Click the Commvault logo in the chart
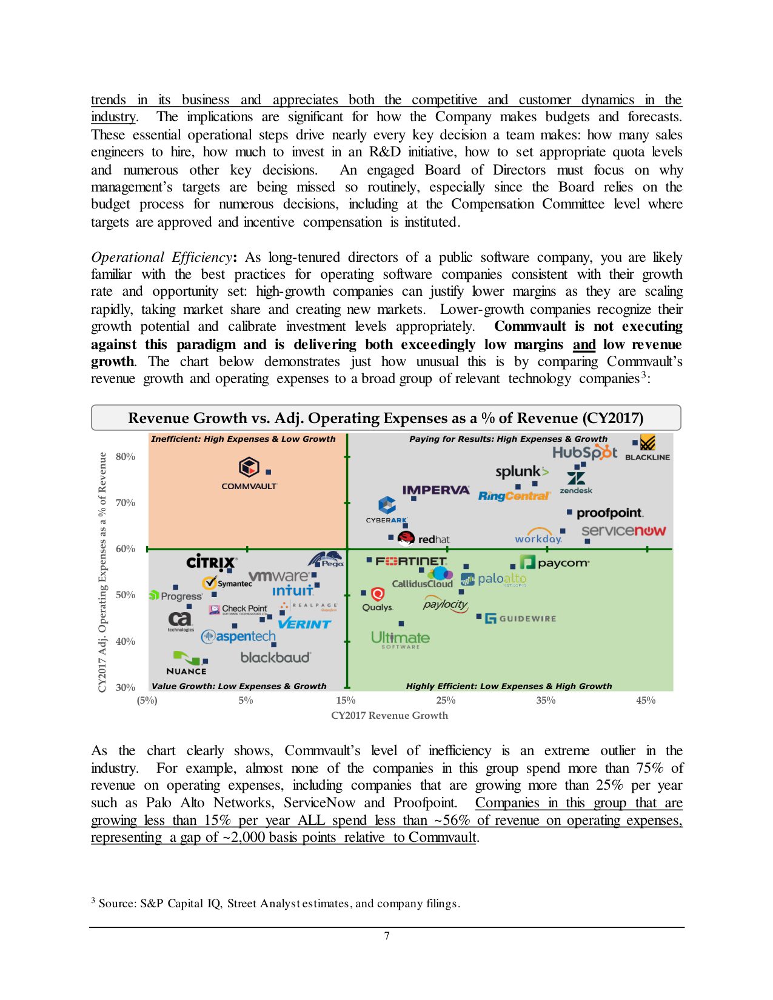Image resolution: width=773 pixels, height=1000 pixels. click(x=249, y=473)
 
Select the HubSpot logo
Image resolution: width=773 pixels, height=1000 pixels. click(x=584, y=453)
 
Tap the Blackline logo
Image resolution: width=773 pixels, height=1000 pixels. click(x=648, y=448)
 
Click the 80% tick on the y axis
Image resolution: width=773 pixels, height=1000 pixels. click(x=125, y=456)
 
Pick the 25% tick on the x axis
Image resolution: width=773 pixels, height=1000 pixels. click(x=446, y=700)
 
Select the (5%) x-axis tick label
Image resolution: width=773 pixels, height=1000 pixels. click(x=147, y=700)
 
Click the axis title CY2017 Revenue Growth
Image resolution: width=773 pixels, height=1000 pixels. click(x=389, y=715)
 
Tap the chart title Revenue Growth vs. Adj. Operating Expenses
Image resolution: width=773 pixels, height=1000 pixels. click(x=386, y=418)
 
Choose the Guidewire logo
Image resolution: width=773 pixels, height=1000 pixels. click(x=520, y=619)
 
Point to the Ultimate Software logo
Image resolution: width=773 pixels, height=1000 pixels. click(x=400, y=639)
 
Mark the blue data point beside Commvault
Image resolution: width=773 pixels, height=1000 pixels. click(x=269, y=472)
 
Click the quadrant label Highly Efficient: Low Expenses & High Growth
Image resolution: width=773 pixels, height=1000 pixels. click(x=509, y=686)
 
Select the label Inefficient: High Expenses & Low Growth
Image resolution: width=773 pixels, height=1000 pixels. click(x=243, y=439)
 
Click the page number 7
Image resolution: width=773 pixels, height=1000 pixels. click(x=387, y=936)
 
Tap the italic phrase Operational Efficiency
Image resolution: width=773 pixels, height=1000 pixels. click(x=161, y=257)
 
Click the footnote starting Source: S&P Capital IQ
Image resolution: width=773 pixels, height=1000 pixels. click(x=279, y=903)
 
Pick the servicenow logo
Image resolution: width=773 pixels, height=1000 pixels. click(x=623, y=531)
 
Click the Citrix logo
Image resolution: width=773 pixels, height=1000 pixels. click(x=211, y=562)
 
